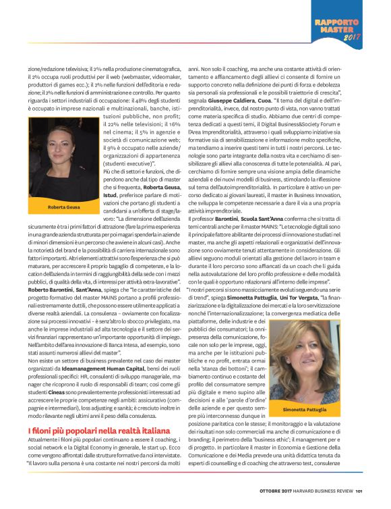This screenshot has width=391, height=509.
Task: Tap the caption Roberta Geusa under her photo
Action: tap(65, 207)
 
